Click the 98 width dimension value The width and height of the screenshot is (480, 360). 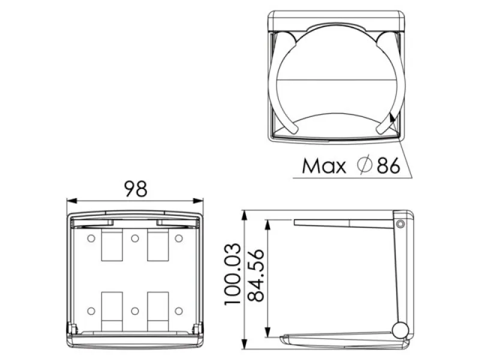[x=136, y=189]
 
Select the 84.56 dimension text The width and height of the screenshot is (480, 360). [x=256, y=275]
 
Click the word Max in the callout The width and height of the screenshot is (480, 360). [x=323, y=166]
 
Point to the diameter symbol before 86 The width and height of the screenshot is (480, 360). [x=365, y=166]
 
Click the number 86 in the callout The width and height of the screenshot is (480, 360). [x=388, y=166]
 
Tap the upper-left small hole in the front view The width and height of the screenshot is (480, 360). [x=91, y=238]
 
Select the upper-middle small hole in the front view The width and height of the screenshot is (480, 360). [x=135, y=238]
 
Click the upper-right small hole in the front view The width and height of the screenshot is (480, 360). [x=179, y=238]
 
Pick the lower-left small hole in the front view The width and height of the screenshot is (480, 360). [x=91, y=311]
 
